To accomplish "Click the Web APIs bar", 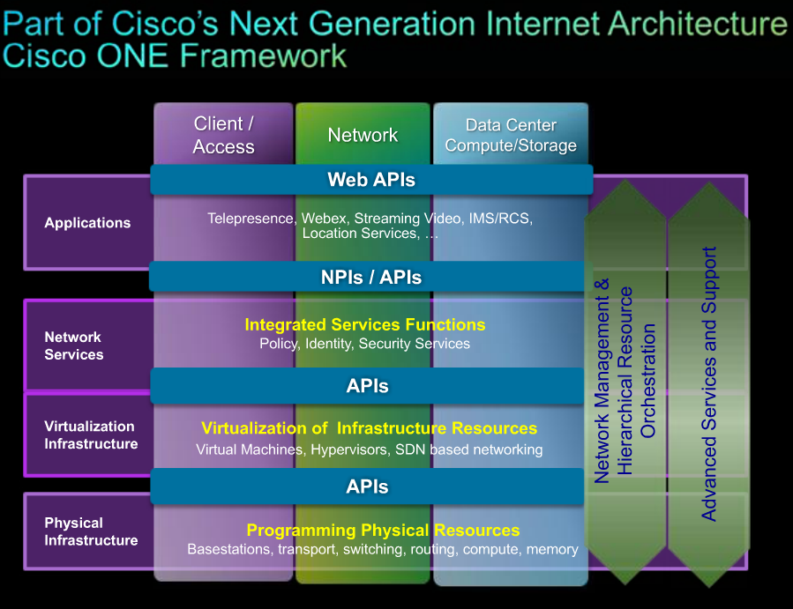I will click(x=371, y=180).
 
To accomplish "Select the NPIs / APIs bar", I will click(x=371, y=278).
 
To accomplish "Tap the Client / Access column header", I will click(x=223, y=135).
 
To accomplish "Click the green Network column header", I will click(x=363, y=135).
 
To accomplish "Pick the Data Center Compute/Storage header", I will click(x=511, y=135).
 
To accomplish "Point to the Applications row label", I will click(x=87, y=223).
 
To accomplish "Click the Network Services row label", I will click(x=74, y=345).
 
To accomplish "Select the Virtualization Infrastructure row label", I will click(x=91, y=434).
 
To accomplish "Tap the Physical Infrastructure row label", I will click(x=91, y=531).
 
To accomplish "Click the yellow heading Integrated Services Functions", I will click(x=364, y=324).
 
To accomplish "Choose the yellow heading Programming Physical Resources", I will click(x=383, y=530).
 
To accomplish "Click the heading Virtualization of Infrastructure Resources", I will click(x=369, y=428).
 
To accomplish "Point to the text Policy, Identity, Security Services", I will click(x=364, y=344).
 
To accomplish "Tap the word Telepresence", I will click(x=251, y=218).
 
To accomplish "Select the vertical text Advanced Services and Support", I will click(x=708, y=383).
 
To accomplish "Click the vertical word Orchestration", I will click(x=649, y=381).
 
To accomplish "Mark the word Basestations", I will click(x=229, y=549).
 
